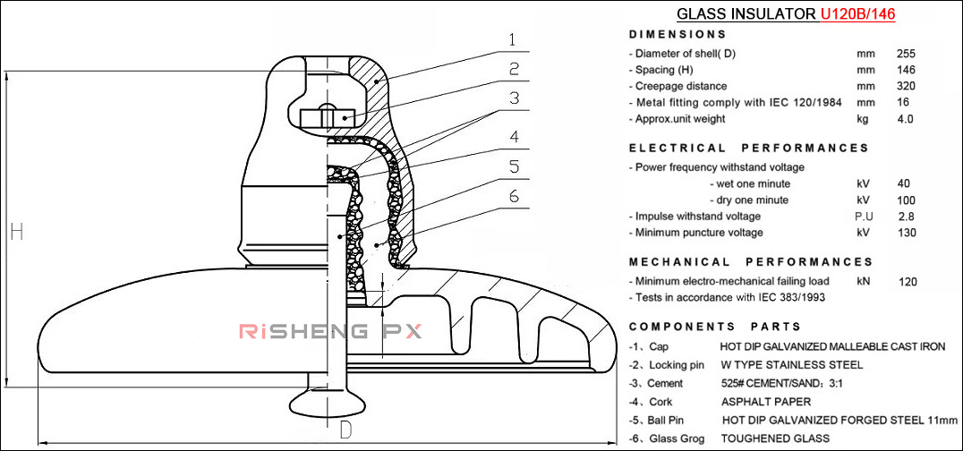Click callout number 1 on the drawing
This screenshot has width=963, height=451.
point(512,40)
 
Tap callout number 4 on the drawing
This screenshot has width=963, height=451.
point(514,138)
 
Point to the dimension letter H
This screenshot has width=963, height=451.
point(16,232)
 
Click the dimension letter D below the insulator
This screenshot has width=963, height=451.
point(345,430)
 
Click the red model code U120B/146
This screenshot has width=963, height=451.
point(857,14)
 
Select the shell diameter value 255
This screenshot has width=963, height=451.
point(906,54)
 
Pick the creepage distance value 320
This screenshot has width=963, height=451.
point(906,86)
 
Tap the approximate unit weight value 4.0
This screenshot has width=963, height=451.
point(905,119)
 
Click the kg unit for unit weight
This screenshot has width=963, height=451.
point(863,119)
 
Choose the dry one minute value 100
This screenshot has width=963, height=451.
point(906,200)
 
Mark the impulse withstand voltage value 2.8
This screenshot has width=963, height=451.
point(905,216)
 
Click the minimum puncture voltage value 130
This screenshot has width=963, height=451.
point(906,233)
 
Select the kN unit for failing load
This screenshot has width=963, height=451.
point(864,281)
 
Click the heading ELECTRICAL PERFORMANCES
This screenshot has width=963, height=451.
point(748,148)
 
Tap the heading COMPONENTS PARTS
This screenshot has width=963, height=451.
point(715,327)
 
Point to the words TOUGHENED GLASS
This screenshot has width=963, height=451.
point(774,438)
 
